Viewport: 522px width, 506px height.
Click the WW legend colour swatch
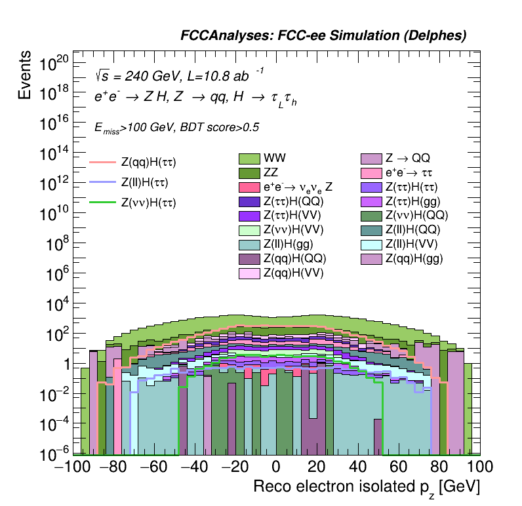(249, 159)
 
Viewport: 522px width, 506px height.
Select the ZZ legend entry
(249, 173)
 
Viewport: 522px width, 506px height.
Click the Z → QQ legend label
(407, 158)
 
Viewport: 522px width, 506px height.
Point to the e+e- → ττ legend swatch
(372, 173)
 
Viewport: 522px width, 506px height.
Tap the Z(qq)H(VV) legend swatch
(249, 273)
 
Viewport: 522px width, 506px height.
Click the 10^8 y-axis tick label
(56, 244)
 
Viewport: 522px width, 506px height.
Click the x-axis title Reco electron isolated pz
(367, 486)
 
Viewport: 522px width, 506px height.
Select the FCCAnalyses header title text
(323, 37)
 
